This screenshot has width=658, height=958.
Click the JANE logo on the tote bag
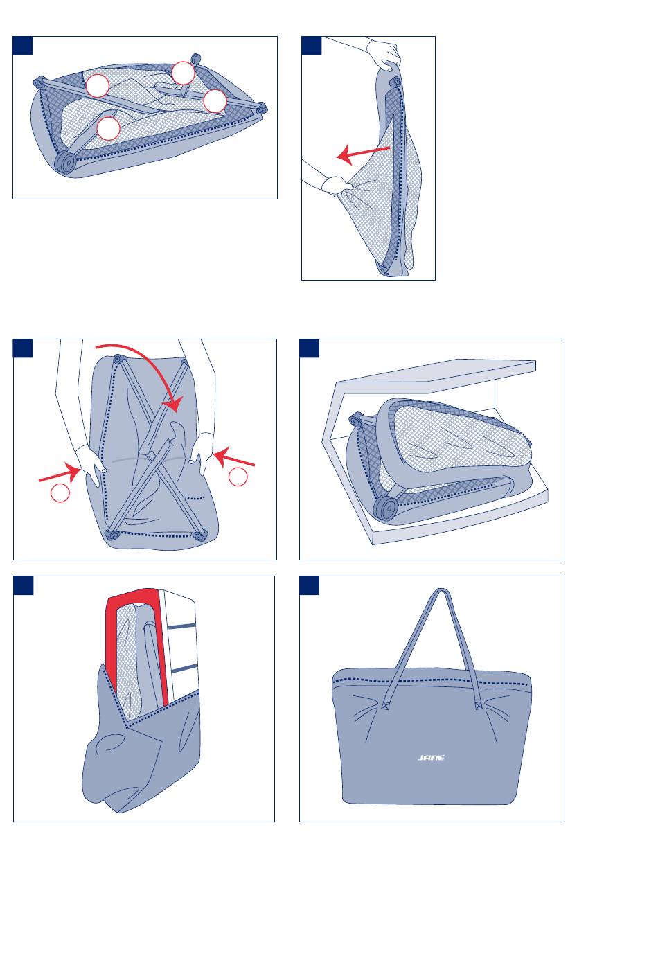[430, 757]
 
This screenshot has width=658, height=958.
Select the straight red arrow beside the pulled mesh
[364, 153]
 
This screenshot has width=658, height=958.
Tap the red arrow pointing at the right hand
[235, 458]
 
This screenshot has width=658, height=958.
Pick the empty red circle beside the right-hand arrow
[238, 477]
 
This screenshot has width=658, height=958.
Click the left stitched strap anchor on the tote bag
[386, 707]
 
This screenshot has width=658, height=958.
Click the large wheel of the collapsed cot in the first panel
[66, 162]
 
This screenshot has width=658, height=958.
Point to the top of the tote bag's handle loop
[440, 592]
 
